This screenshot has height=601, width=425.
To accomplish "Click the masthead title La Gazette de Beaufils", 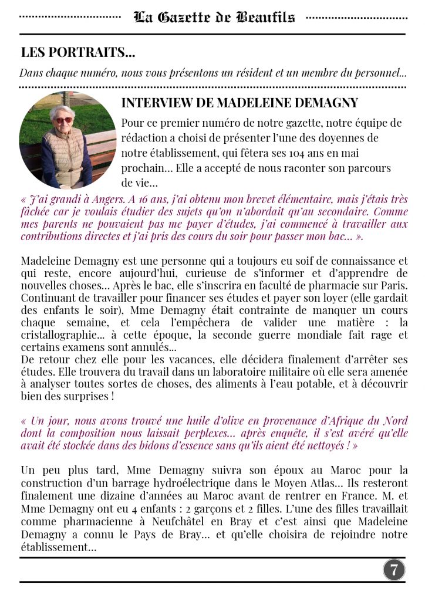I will coord(214,17).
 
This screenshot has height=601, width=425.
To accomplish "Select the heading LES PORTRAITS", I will coord(78,52).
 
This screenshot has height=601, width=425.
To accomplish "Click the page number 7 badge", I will coord(394,569).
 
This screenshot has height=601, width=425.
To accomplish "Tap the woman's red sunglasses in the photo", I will coord(63,120).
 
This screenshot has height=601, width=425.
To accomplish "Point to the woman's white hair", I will coord(63,110).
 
